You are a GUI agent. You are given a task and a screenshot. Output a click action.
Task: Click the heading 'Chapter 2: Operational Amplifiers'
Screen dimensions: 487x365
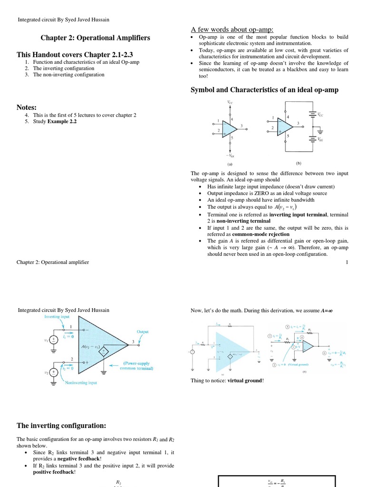(95, 38)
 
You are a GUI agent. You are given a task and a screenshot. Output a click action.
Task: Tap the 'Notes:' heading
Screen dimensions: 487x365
(27, 107)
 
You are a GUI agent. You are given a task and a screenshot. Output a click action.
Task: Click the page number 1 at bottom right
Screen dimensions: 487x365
(347, 262)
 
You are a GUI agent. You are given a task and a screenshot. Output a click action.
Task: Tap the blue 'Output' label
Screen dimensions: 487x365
(143, 331)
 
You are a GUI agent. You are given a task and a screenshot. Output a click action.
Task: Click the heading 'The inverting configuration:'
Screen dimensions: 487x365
(61, 425)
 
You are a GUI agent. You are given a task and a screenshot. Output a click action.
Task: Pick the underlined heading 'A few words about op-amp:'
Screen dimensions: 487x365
(232, 29)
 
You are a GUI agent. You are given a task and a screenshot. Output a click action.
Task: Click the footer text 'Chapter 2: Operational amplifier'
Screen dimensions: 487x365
(53, 262)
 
